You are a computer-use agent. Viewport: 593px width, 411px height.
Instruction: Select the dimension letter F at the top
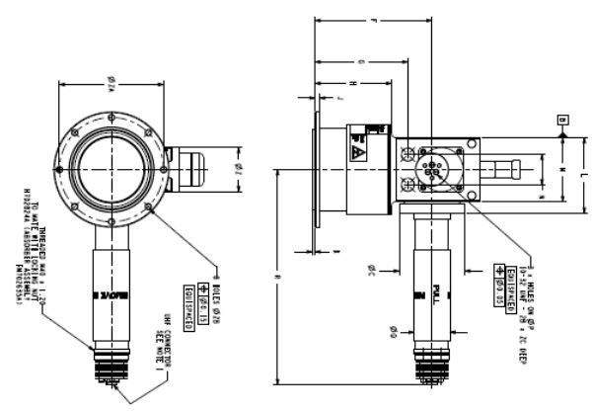371,20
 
